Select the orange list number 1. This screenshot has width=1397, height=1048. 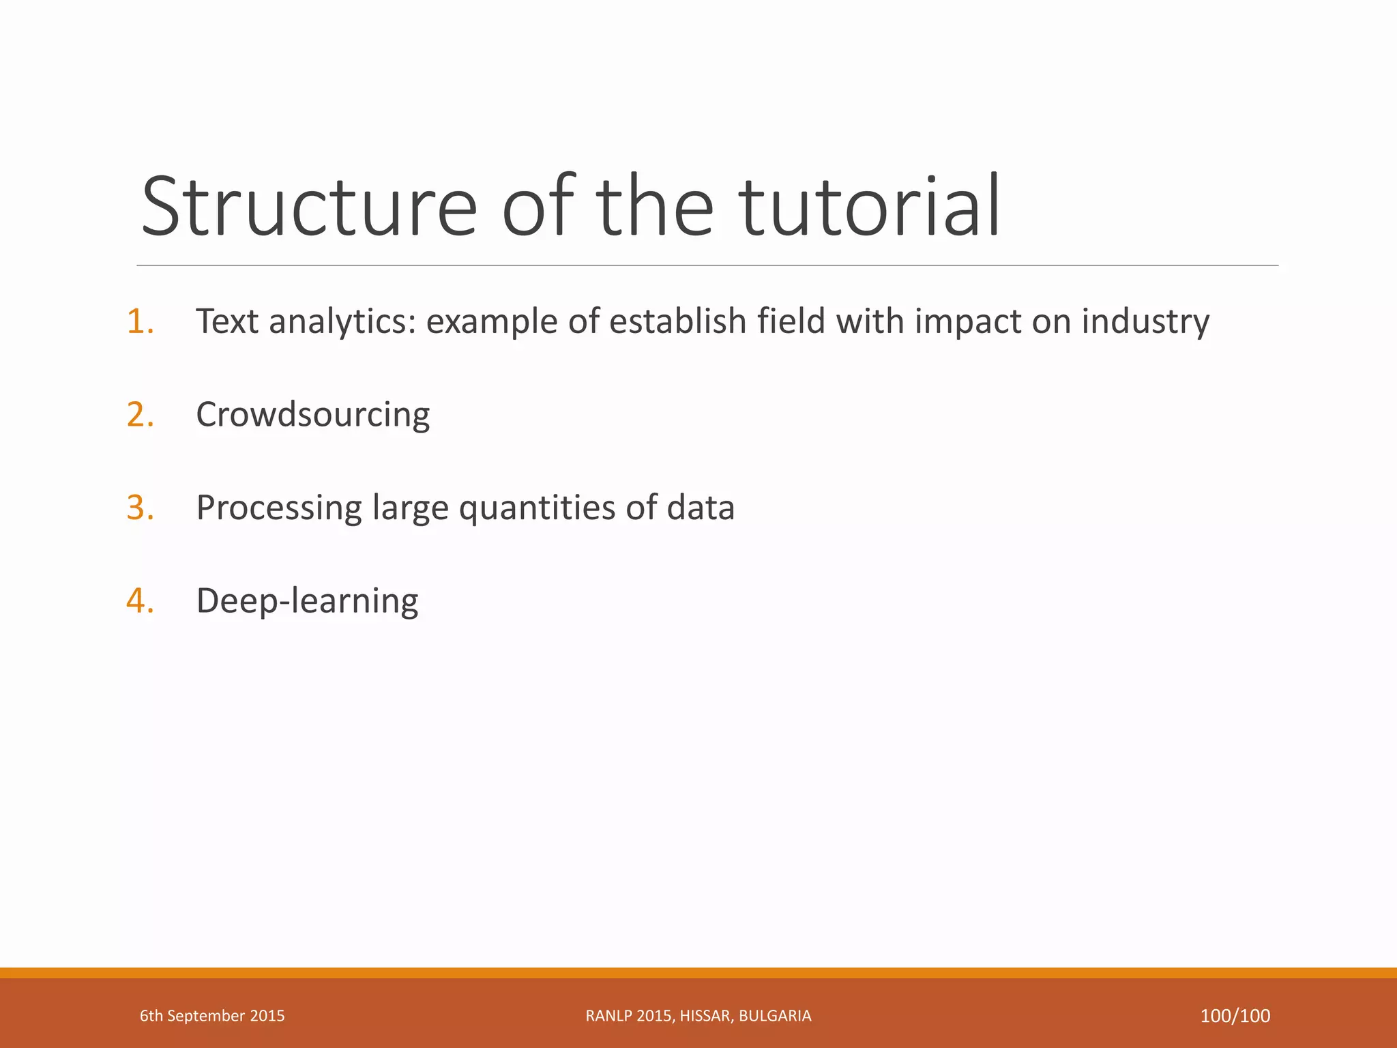(x=140, y=321)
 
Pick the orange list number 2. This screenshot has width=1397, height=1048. (x=140, y=415)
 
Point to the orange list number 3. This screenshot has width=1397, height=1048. (x=140, y=508)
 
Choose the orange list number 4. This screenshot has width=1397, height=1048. (x=140, y=601)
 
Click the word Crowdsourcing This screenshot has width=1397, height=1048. (x=312, y=415)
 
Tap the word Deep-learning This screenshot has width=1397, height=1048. (x=307, y=601)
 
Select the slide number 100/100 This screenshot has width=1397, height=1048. (x=1235, y=1016)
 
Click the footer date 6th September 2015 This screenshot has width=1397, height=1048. (x=212, y=1016)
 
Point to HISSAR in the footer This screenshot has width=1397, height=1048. (x=707, y=1016)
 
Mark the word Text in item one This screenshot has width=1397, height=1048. (x=227, y=321)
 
